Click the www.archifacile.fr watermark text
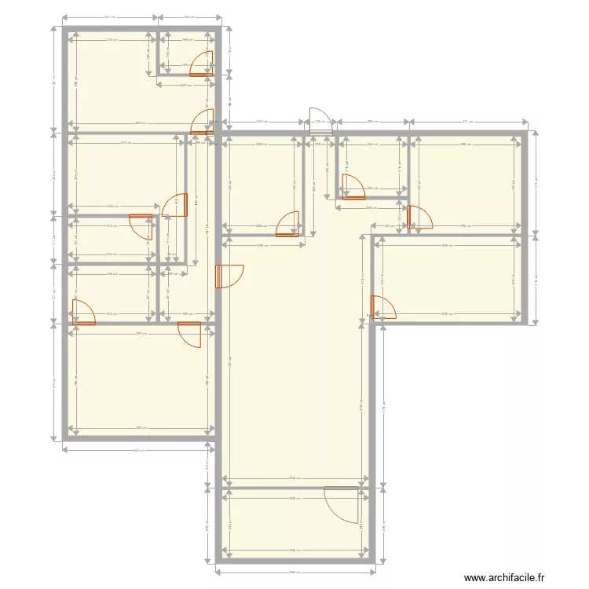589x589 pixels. pos(503,577)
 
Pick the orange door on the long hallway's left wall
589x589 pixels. pos(229,276)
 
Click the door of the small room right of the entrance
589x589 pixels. pos(352,187)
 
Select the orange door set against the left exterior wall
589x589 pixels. pos(82,312)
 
